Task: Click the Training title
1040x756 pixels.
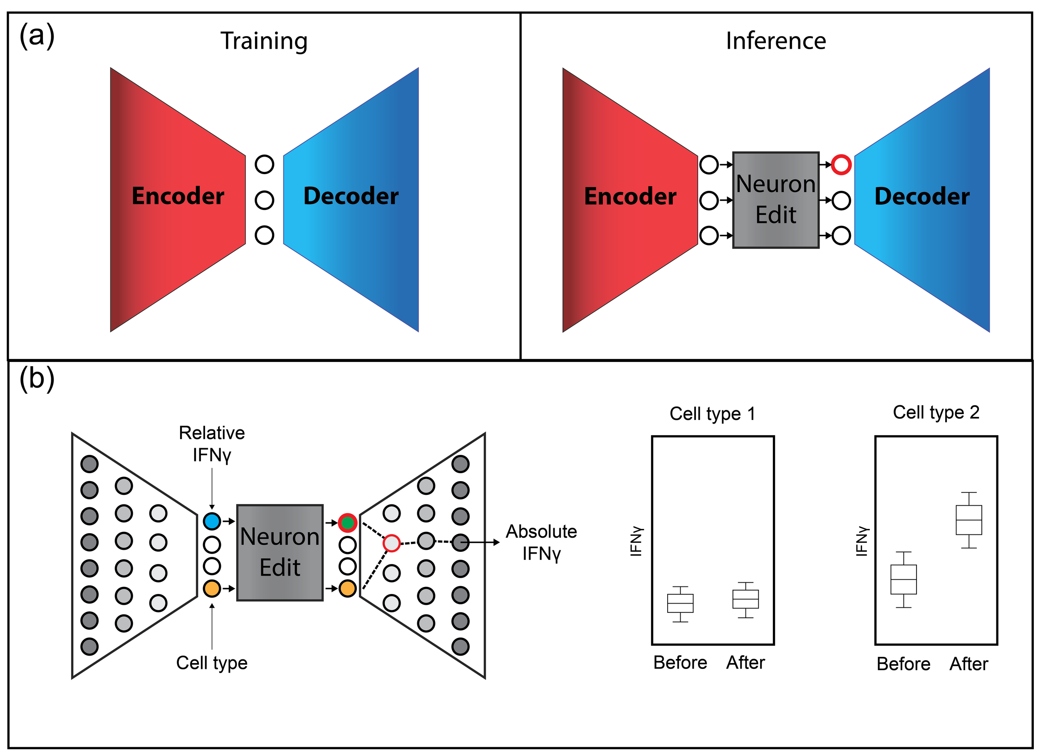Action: [x=264, y=41]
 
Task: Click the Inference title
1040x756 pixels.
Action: [x=775, y=41]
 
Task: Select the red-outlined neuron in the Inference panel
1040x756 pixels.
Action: [x=841, y=165]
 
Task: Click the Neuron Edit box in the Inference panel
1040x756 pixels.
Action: [x=775, y=200]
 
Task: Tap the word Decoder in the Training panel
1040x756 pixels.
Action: [x=351, y=196]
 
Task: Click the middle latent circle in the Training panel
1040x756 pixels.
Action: [x=264, y=200]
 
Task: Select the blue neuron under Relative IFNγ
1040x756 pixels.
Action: [x=212, y=521]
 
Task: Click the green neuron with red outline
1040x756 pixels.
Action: [x=348, y=522]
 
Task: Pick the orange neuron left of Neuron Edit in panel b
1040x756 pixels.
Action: [x=212, y=588]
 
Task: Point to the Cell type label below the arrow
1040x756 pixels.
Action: [x=212, y=663]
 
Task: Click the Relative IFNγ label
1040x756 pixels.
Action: [x=212, y=444]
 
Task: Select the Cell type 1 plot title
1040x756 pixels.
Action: [x=712, y=414]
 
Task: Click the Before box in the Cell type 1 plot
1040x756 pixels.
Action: [x=680, y=603]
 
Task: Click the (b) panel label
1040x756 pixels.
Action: [x=37, y=379]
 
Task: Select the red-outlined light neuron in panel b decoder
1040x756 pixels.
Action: [x=391, y=543]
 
